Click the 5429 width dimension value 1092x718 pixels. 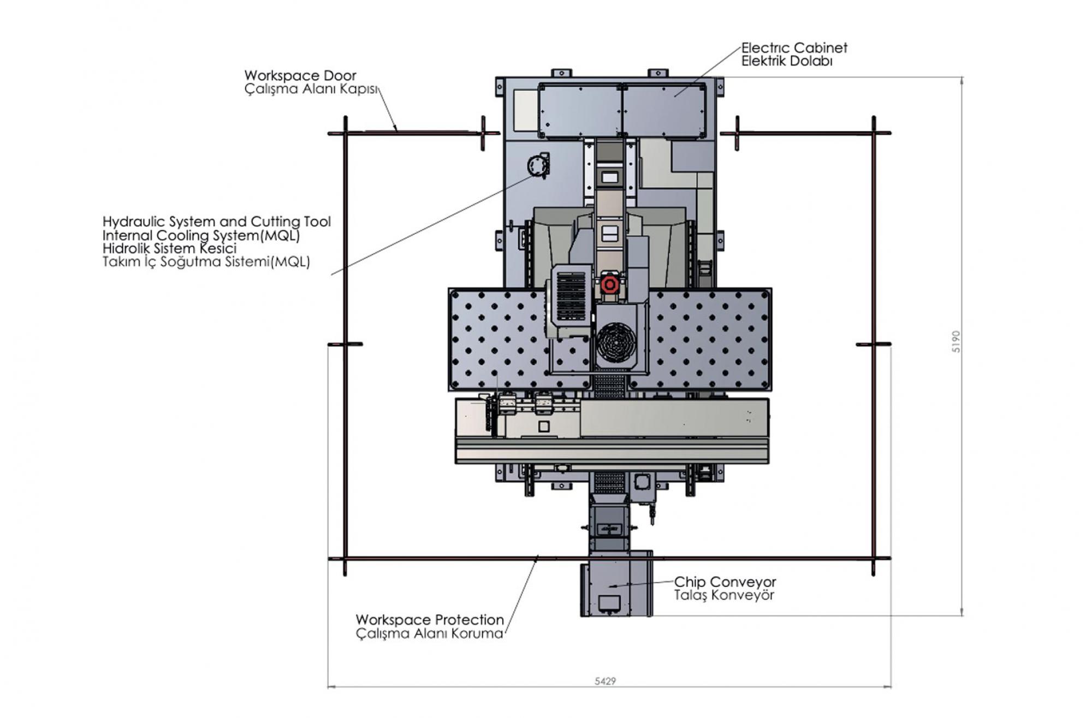click(605, 681)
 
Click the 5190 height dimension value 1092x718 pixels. click(956, 342)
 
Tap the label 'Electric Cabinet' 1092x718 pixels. click(794, 48)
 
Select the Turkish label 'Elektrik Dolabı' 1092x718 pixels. click(787, 61)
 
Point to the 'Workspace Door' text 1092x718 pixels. click(300, 75)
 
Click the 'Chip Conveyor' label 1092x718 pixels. click(725, 582)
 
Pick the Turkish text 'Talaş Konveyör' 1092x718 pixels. click(723, 595)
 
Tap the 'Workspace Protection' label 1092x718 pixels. click(430, 620)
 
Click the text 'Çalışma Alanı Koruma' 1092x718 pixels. click(429, 633)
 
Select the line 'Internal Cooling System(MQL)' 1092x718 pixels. click(201, 235)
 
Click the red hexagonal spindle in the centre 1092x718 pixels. click(609, 284)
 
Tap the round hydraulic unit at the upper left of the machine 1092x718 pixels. click(537, 165)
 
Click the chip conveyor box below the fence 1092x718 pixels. click(616, 584)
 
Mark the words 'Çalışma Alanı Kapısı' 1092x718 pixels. click(311, 89)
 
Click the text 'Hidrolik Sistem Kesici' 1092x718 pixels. click(169, 248)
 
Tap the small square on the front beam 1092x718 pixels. click(543, 426)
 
